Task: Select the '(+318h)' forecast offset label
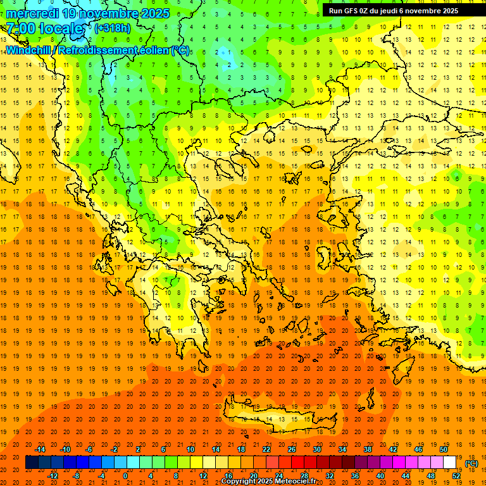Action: pyautogui.click(x=113, y=28)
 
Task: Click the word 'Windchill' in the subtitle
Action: pyautogui.click(x=28, y=49)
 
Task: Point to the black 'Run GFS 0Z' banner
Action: pyautogui.click(x=399, y=10)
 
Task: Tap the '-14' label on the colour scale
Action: pyautogui.click(x=40, y=449)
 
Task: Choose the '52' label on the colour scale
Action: pyautogui.click(x=456, y=475)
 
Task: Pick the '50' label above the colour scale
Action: pyautogui.click(x=443, y=449)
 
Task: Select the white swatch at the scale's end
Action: pyautogui.click(x=449, y=463)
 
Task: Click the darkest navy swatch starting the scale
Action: pyautogui.click(x=32, y=463)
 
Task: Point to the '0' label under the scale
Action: pyautogui.click(x=125, y=475)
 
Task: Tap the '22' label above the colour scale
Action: pyautogui.click(x=266, y=449)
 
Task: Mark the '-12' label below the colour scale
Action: pyautogui.click(x=53, y=475)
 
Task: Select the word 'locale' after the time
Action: pyautogui.click(x=61, y=28)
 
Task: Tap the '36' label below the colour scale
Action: pyautogui.click(x=355, y=475)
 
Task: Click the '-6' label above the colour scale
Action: pyautogui.click(x=89, y=449)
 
